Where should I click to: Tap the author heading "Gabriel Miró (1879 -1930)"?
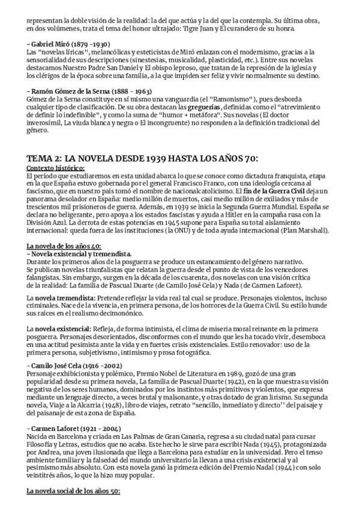point(68,45)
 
